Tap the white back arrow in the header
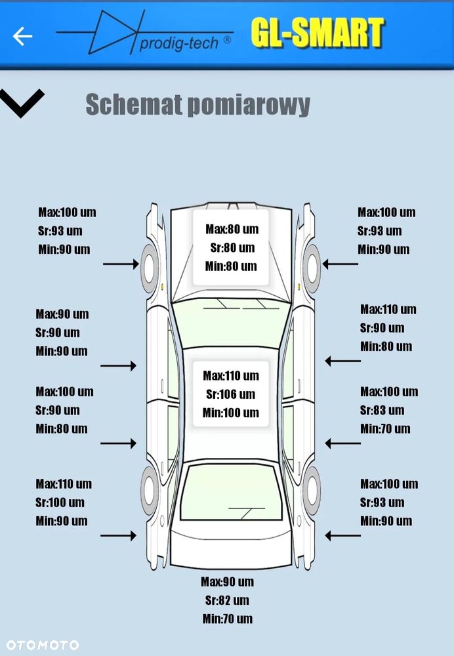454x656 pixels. [x=22, y=36]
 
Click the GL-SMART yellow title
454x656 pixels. [x=317, y=33]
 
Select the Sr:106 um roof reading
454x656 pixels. [x=230, y=394]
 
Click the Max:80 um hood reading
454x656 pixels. [x=232, y=229]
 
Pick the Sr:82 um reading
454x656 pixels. [x=227, y=600]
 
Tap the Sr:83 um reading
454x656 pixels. [x=382, y=410]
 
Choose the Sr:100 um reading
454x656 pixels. [x=60, y=502]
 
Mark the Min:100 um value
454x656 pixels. [x=230, y=413]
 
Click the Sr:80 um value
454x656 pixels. [x=232, y=247]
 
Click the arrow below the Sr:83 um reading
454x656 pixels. [x=343, y=444]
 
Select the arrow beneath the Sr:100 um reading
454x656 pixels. [x=118, y=535]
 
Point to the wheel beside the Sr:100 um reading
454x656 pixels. [x=150, y=489]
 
